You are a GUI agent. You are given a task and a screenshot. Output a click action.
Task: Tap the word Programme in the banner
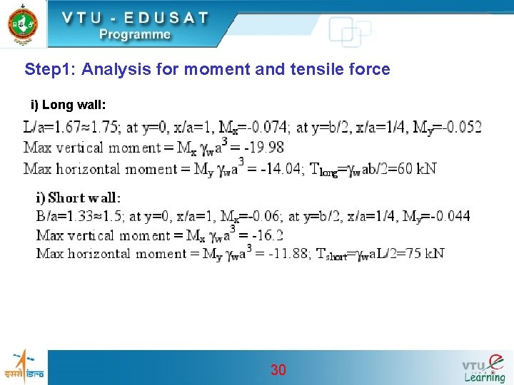[135, 34]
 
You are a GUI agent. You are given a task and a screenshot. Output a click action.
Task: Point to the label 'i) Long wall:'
[69, 106]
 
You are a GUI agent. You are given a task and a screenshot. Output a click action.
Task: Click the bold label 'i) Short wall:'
[79, 197]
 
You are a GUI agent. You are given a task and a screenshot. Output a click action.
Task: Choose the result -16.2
[267, 235]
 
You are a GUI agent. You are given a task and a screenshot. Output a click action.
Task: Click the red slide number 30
[278, 369]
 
